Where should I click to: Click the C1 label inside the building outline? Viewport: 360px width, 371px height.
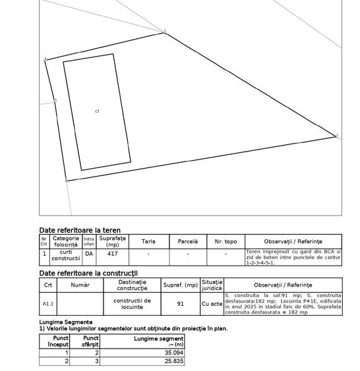coord(98,111)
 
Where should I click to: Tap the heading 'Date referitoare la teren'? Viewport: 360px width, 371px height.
coord(80,231)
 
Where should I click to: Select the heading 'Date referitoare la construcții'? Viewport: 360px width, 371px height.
coord(88,273)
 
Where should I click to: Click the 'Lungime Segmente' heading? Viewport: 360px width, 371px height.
coord(66,322)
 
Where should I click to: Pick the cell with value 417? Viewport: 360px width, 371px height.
coord(113,253)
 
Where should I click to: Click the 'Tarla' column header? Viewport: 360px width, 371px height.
coord(148,242)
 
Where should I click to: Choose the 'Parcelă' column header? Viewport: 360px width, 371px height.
coord(188,242)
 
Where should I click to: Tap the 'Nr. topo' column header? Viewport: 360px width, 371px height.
coord(225,242)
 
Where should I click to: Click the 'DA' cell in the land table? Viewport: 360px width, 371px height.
coord(89,253)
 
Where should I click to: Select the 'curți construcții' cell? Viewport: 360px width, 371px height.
coord(66,256)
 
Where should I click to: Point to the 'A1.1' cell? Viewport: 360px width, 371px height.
coord(48,304)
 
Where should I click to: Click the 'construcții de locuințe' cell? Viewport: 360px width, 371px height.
coord(133,304)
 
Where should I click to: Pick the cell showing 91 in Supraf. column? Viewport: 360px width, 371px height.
coord(181,304)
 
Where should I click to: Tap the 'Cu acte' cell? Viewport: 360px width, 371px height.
coord(212,304)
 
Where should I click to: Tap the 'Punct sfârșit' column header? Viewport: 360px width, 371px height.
coord(90,341)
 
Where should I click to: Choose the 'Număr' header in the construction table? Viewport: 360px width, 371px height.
coord(80,285)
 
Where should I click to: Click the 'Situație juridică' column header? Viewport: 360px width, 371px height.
coord(212,285)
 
